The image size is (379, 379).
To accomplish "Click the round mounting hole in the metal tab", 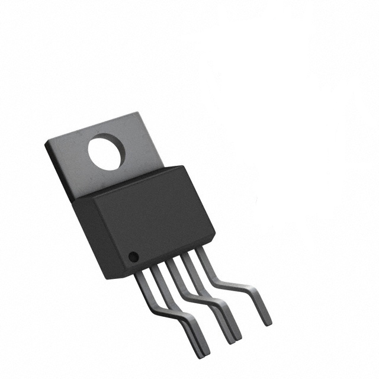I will point(107,152).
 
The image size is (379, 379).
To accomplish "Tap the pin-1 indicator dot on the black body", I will point(134,257).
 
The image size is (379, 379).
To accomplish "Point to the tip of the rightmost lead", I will point(267,321).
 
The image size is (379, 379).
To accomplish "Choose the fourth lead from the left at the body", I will point(187,258).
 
